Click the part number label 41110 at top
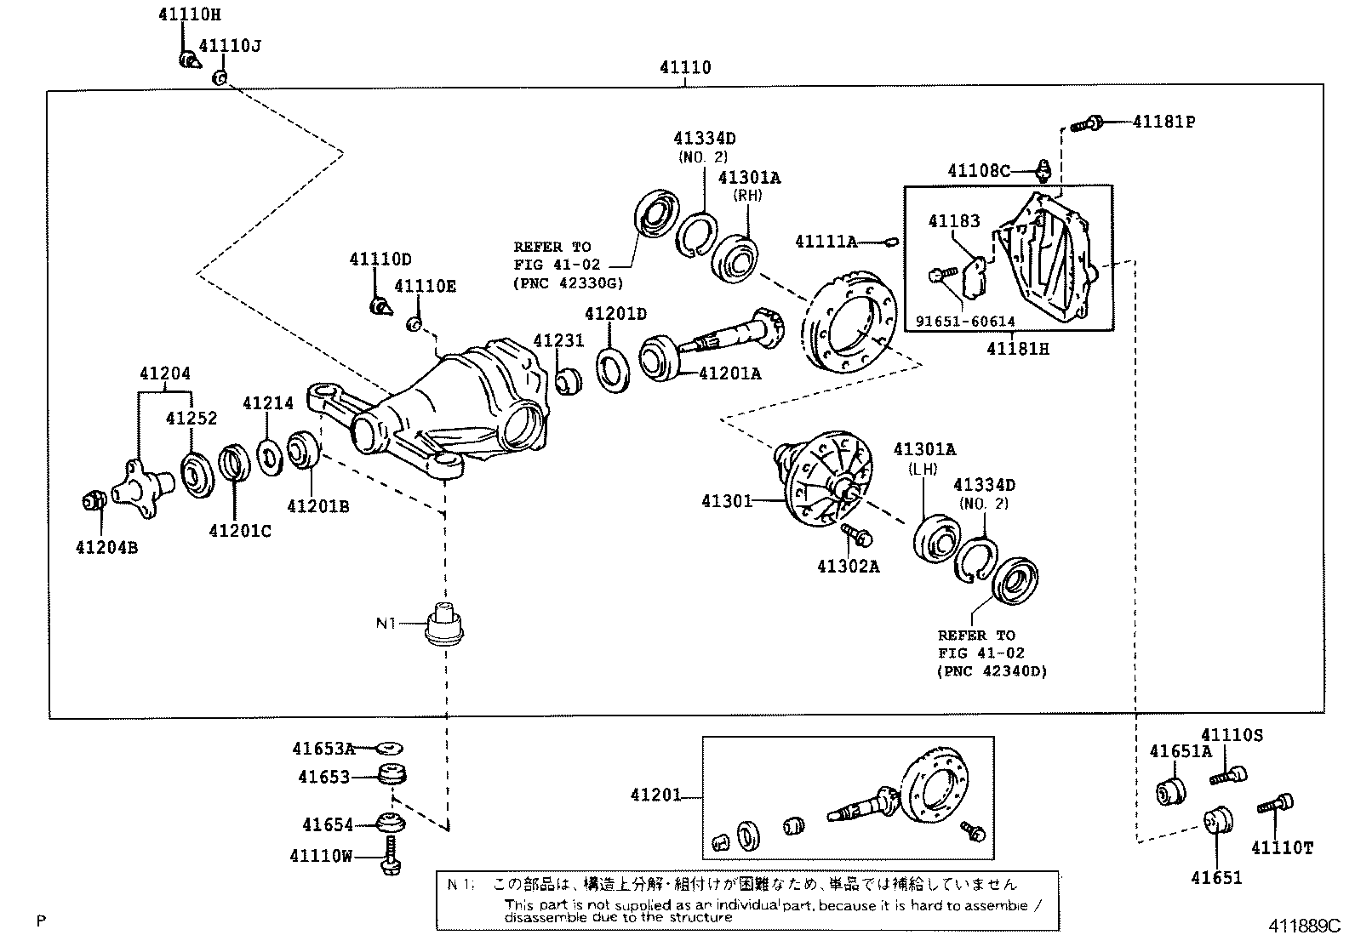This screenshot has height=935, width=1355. pos(684,67)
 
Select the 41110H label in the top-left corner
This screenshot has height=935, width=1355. pos(190,15)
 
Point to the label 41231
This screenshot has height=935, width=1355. pos(558,340)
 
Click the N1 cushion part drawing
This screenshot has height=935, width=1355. pos(446,623)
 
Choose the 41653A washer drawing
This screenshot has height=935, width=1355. pos(391,749)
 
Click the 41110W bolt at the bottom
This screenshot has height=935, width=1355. pos(390,855)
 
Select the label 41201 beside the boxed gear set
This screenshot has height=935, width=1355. pos(655,795)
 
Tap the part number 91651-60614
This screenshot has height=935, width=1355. pos(965,322)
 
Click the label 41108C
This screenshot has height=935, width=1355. pos(978,171)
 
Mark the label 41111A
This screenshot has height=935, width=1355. pos(826,242)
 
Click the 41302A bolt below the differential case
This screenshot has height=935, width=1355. pos(855,534)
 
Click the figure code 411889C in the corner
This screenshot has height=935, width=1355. pos(1303,925)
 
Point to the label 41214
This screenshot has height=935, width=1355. pos(267,403)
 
